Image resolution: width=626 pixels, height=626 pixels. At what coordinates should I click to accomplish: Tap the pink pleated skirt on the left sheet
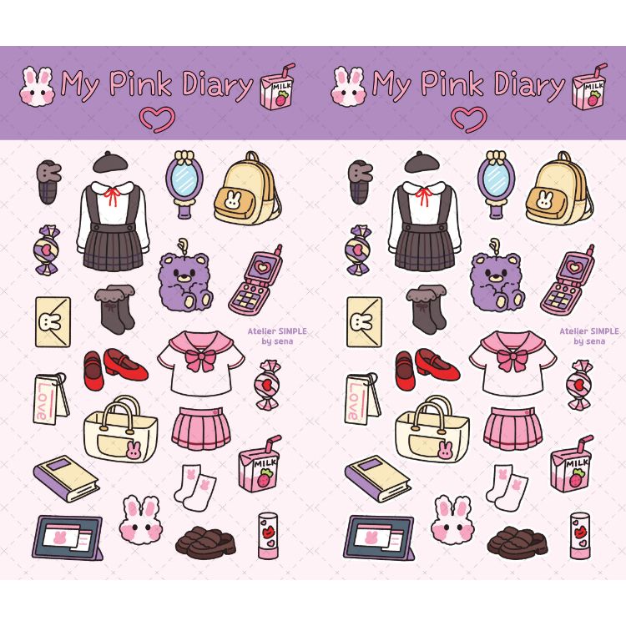pyautogui.click(x=201, y=427)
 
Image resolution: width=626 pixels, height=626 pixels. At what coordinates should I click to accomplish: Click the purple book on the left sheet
pyautogui.click(x=66, y=478)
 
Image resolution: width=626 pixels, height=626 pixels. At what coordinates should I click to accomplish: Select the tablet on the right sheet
pyautogui.click(x=379, y=538)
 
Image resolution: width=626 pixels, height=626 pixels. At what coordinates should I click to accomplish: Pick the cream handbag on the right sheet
pyautogui.click(x=432, y=428)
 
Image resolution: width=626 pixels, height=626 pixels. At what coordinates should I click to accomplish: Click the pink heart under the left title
pyautogui.click(x=156, y=119)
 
